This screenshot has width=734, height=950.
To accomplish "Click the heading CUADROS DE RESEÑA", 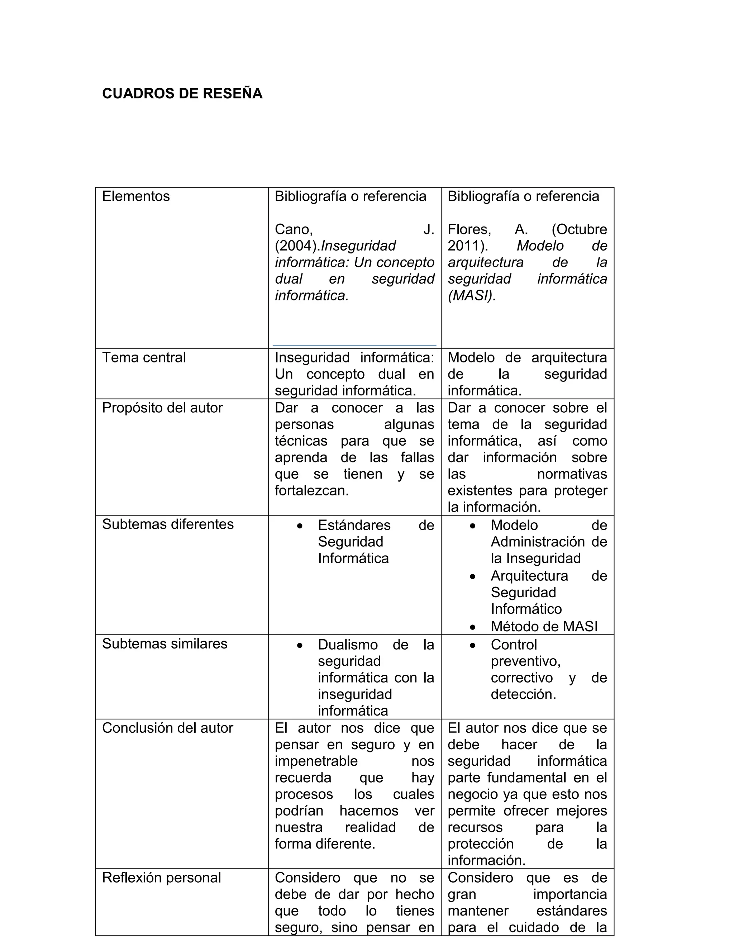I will point(182,94).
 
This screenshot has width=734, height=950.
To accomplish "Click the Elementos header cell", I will point(136,196).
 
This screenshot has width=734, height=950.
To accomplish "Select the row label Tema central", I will point(143,357).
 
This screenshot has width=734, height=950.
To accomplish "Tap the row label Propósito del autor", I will point(162,408).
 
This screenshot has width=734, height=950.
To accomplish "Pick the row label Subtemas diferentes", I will point(167,524).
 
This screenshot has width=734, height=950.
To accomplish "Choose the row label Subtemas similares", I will point(165,644).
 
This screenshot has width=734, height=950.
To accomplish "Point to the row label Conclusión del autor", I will point(167,728).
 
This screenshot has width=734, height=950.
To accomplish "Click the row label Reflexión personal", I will point(161,878).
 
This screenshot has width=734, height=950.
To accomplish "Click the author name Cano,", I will point(294,229).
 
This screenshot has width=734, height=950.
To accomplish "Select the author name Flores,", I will point(469,229).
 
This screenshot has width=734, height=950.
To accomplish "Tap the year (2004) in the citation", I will point(296,246).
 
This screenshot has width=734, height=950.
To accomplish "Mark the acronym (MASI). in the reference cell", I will point(472,296).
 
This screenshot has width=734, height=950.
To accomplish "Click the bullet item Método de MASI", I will point(544,626).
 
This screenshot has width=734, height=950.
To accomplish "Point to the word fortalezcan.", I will point(312,491).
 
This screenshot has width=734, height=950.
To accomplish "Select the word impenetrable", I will point(316,761).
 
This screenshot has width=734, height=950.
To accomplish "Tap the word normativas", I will point(572,474).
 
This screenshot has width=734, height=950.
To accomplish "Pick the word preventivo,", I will point(526,661).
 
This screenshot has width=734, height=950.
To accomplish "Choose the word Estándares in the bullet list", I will point(354,526).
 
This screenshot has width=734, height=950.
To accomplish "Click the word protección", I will point(481,844).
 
